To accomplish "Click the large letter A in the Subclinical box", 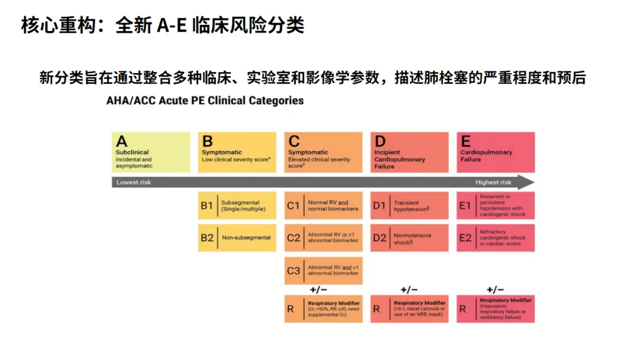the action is (x=122, y=142).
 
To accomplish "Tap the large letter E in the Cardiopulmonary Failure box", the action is (x=466, y=142).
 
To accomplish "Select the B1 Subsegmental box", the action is (x=237, y=206).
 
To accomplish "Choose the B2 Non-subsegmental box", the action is (x=237, y=238).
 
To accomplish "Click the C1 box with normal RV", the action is (x=323, y=206).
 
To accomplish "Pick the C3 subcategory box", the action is (x=323, y=271).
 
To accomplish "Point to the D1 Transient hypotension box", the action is (x=409, y=206).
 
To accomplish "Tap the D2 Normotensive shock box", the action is (x=409, y=238).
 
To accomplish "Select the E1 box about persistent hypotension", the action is (x=495, y=206).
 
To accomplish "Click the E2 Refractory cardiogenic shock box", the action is (x=495, y=238).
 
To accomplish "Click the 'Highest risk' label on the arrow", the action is (x=493, y=183).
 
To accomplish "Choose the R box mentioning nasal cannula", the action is (x=409, y=309).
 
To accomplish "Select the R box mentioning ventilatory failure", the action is (x=495, y=309).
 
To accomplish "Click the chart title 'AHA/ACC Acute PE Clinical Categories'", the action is (x=205, y=101).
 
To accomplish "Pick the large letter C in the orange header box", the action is (x=294, y=142).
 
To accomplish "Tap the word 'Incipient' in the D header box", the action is (x=387, y=152).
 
